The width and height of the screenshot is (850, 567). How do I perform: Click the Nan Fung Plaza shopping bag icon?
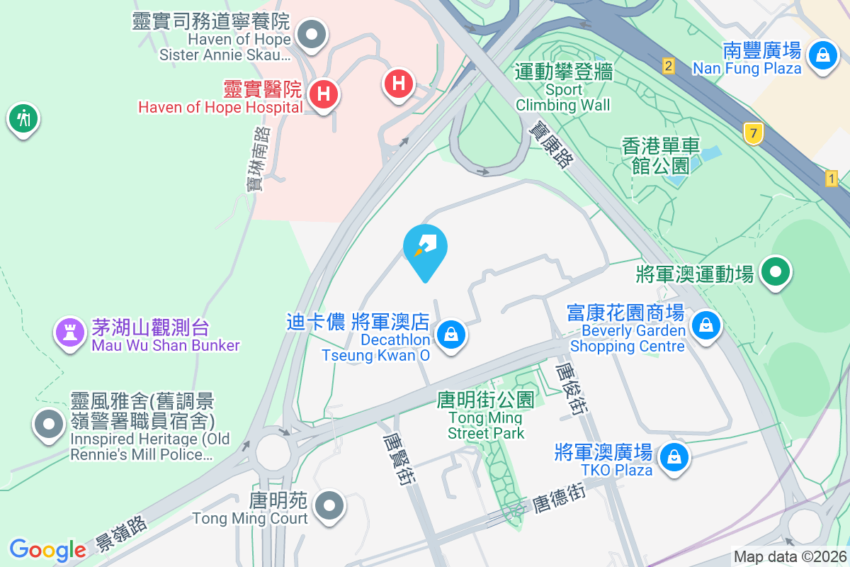coord(822,54)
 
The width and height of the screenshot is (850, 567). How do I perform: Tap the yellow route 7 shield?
coord(753,132)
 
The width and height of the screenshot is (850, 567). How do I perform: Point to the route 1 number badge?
coord(832,179)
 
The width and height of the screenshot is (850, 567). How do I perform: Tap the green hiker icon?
coord(23,118)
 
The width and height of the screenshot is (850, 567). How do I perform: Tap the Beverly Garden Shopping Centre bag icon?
coord(705,326)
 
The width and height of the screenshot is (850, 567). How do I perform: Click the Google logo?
coord(47,549)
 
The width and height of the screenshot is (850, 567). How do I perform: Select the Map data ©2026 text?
coord(789,557)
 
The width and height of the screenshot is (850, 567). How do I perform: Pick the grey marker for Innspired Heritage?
coord(49,425)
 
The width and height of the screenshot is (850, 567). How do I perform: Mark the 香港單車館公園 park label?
coord(661,156)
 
